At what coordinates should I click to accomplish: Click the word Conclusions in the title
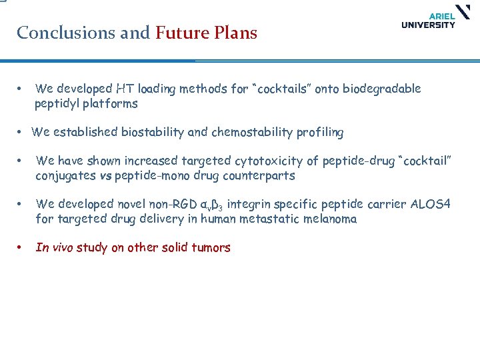[x=59, y=33]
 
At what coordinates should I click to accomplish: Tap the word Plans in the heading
[x=235, y=33]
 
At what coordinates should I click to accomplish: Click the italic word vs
[x=105, y=176]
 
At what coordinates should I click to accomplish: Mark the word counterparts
[x=260, y=176]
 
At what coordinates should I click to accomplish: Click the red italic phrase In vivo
[x=54, y=248]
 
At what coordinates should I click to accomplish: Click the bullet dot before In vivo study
[x=21, y=248]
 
